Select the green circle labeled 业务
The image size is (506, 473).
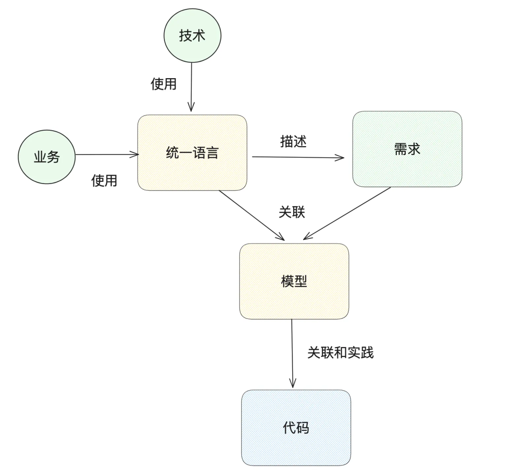point(46,157)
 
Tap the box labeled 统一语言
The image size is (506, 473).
point(192,153)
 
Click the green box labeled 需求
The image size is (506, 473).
point(407,149)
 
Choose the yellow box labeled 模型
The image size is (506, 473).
point(294,281)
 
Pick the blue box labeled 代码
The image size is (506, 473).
point(296,427)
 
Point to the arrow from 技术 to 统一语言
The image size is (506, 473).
point(192,87)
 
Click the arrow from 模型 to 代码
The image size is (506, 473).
point(292,354)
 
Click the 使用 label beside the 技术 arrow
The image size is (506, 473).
point(164,84)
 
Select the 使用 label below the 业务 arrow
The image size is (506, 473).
point(104,180)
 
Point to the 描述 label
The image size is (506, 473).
point(293,142)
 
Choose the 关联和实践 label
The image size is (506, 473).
point(341,353)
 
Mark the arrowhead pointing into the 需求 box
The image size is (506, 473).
point(340,158)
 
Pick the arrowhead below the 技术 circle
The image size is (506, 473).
point(191,108)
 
